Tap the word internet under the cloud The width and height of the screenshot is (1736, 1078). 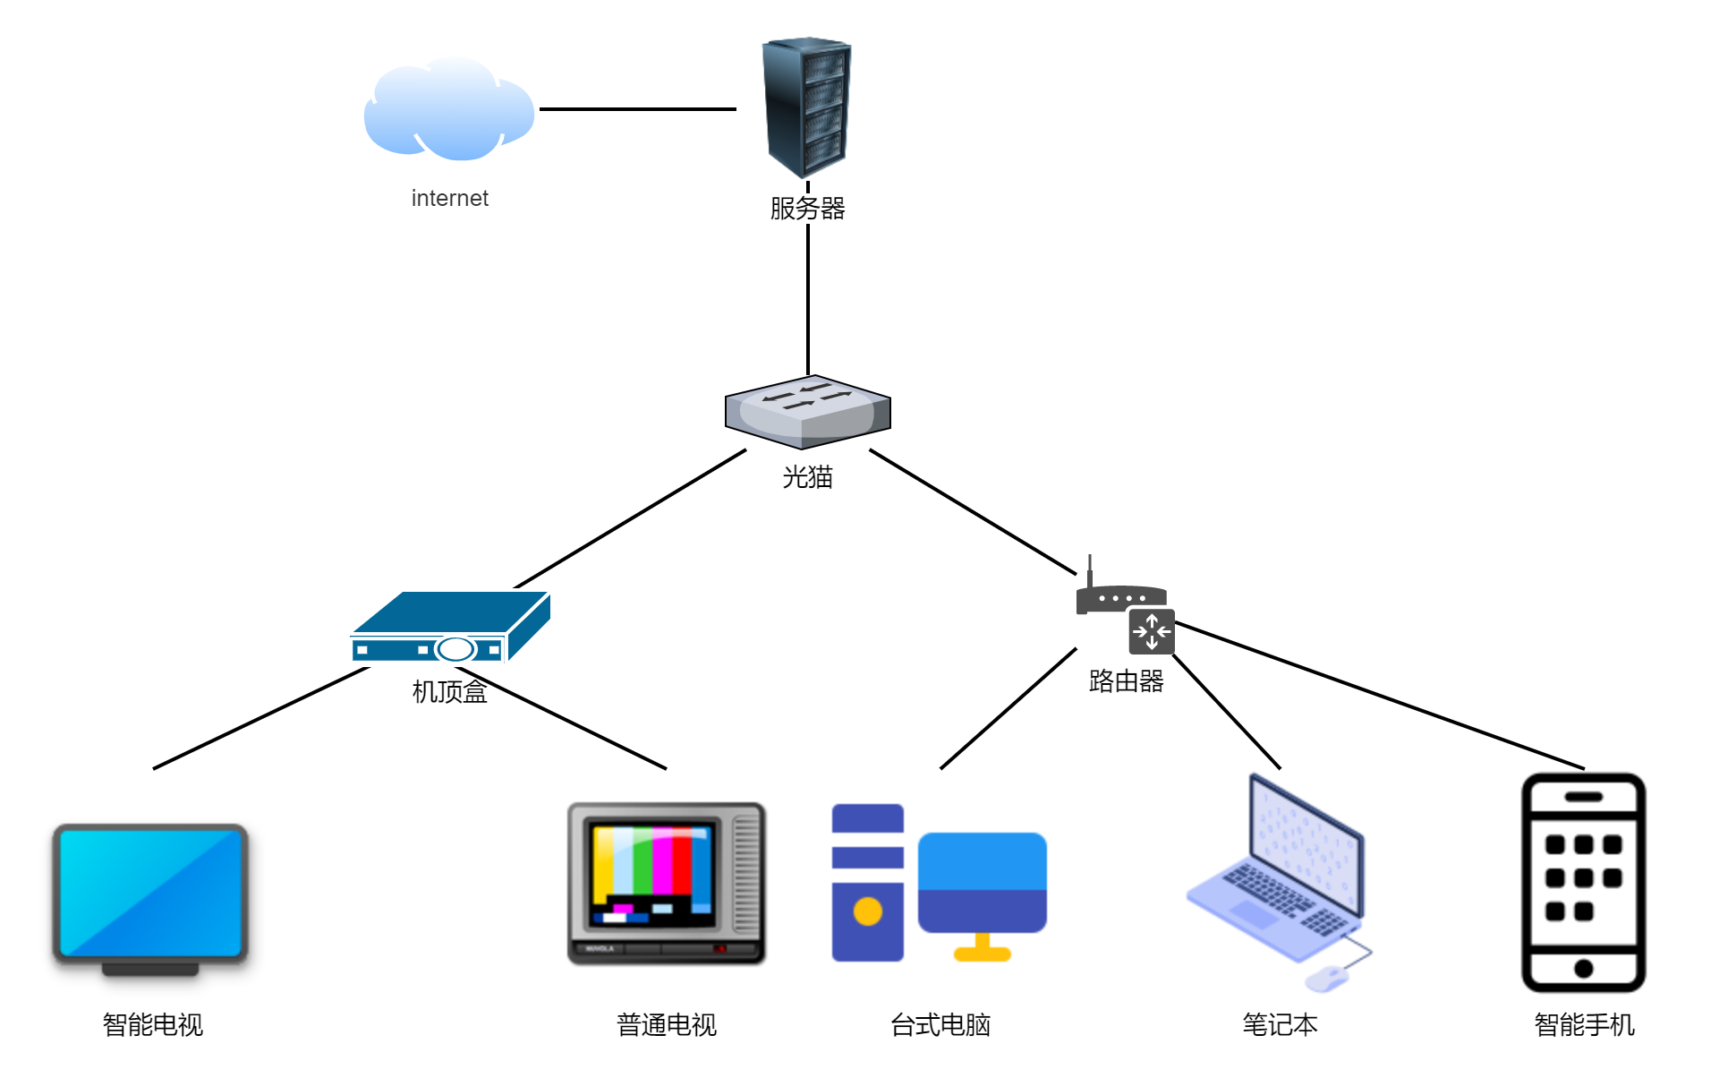coord(449,198)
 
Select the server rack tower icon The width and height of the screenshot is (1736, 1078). coord(806,107)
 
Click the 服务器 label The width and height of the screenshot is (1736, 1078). coord(807,209)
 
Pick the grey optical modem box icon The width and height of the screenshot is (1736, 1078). coord(807,412)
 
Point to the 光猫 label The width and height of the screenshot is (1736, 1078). coord(807,477)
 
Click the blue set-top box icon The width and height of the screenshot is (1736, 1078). coord(450,627)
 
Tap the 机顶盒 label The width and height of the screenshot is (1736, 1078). coord(449,691)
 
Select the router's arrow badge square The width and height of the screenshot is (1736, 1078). coord(1152,631)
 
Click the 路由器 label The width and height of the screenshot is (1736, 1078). coord(1126,681)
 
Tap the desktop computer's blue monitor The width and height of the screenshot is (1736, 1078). coord(982,882)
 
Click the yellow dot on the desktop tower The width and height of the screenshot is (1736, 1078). coord(867,911)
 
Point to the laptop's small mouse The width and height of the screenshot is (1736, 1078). coord(1327,978)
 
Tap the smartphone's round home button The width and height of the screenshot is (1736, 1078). coord(1583,968)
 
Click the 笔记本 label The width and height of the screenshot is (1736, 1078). coord(1280,1024)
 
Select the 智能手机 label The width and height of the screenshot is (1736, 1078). coord(1584,1024)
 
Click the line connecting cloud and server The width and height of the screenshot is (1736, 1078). coord(637,109)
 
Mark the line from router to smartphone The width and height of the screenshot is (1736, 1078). coord(1378,695)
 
